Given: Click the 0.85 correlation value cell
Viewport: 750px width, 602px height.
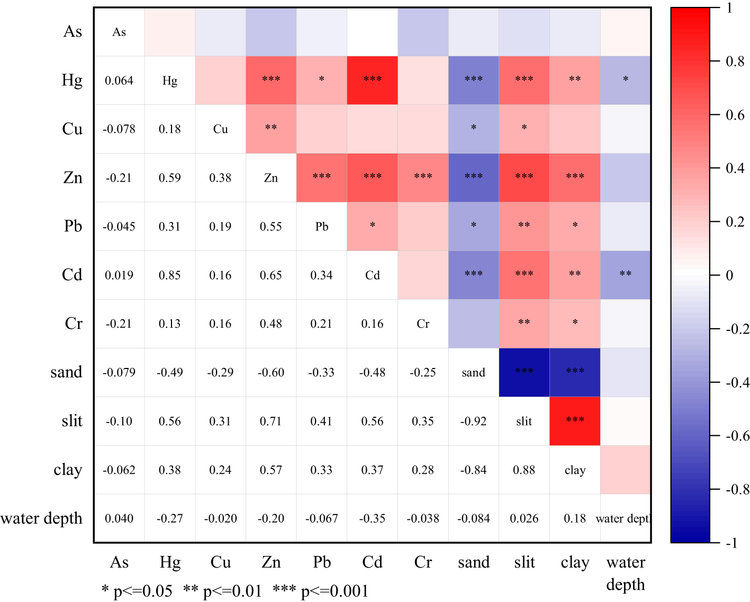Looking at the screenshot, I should pos(169,275).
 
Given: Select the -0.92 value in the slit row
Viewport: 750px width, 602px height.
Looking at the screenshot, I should pos(473,421).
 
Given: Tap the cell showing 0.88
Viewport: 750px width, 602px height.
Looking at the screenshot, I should pos(524,470).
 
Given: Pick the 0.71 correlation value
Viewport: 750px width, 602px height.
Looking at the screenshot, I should pos(270,421).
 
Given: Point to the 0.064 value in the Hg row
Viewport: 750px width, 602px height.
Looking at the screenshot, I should pos(119,80).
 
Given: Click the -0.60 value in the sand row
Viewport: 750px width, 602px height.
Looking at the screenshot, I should pos(270,373).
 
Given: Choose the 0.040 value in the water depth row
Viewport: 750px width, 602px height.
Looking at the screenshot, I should pos(119,518).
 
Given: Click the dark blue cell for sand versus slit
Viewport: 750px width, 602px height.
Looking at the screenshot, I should pos(524,372).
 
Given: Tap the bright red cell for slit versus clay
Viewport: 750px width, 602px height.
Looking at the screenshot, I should pos(575,421).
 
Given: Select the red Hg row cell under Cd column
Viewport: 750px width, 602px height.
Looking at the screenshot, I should pos(372,80).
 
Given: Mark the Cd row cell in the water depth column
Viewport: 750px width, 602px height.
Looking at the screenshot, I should pos(625,275).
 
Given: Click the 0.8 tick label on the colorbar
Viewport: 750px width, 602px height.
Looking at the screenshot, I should pos(735,62).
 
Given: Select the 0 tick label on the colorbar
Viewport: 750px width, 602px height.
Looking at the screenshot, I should pos(729,275).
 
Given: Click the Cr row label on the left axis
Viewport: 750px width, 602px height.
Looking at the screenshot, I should pos(74,324).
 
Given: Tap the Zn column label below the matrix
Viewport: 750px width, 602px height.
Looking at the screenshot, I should pos(271,562).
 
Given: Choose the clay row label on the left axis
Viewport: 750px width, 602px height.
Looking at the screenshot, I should pos(68,470).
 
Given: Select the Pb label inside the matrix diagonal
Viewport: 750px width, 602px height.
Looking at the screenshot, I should pos(321,227).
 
